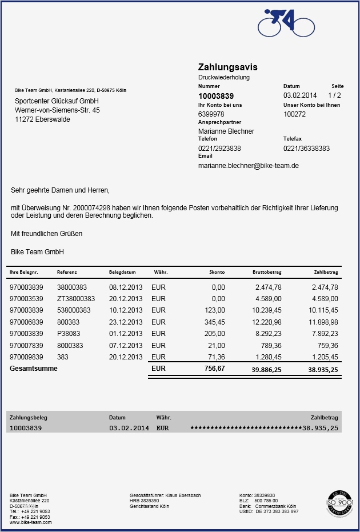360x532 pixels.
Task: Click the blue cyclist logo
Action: pyautogui.click(x=286, y=23)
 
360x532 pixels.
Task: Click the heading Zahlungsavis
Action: pyautogui.click(x=228, y=67)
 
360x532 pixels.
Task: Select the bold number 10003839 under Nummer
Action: pyautogui.click(x=216, y=96)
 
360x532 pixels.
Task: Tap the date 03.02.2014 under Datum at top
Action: pyautogui.click(x=300, y=95)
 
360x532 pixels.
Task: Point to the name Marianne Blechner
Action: pyautogui.click(x=226, y=131)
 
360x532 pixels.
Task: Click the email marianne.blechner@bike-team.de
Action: pyautogui.click(x=249, y=166)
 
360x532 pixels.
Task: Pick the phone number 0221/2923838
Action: pyautogui.click(x=219, y=149)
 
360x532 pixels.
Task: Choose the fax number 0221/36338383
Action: pyautogui.click(x=306, y=149)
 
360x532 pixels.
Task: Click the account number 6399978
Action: pyautogui.click(x=211, y=114)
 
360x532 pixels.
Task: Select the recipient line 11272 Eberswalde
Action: pyautogui.click(x=42, y=119)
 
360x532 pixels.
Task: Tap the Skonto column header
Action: pyautogui.click(x=217, y=273)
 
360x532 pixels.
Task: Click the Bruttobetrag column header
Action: pyautogui.click(x=267, y=273)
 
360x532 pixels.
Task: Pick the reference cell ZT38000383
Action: pyautogui.click(x=76, y=299)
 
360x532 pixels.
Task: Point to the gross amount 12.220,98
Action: pyautogui.click(x=267, y=322)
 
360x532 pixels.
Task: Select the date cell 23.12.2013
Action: pyautogui.click(x=126, y=322)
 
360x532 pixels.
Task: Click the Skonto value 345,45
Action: pyautogui.click(x=214, y=322)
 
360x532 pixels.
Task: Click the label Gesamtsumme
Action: pyautogui.click(x=34, y=369)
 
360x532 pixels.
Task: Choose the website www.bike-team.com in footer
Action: pyautogui.click(x=30, y=522)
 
